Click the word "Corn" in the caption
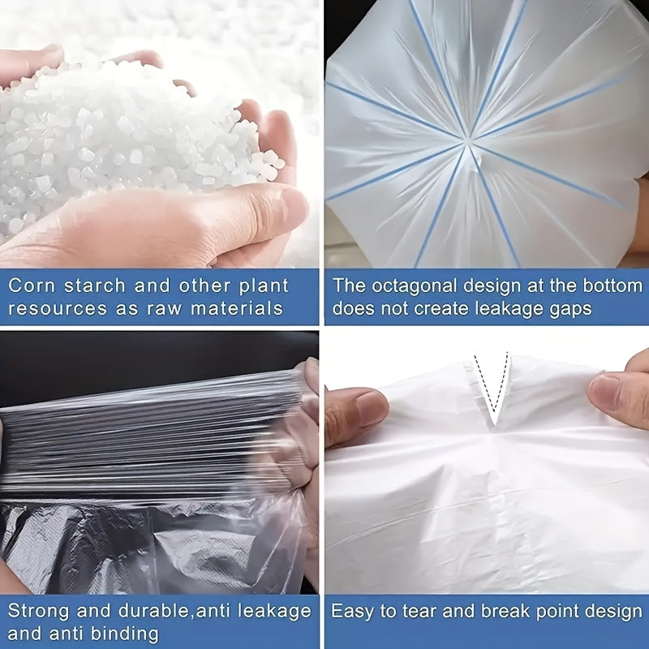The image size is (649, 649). [32, 286]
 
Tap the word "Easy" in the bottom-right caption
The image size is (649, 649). [352, 611]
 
